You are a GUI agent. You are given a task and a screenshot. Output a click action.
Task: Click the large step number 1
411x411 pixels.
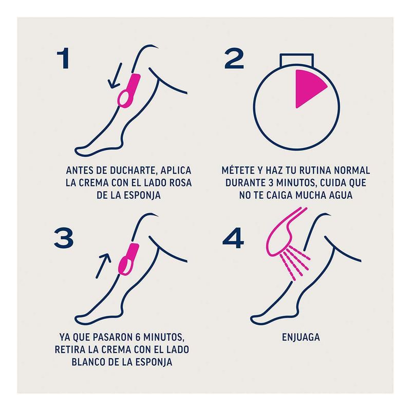tap(63, 58)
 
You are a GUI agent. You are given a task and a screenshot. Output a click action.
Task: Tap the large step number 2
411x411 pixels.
tap(234, 58)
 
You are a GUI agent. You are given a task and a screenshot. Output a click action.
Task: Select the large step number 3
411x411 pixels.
tap(64, 238)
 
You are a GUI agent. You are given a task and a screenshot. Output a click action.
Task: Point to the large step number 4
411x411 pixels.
tap(233, 238)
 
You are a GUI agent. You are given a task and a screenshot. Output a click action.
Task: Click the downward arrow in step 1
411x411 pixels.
tap(115, 76)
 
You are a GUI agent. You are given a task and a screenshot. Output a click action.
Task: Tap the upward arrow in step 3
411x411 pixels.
tap(103, 266)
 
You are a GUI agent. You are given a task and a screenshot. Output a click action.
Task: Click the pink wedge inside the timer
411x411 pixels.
tap(309, 88)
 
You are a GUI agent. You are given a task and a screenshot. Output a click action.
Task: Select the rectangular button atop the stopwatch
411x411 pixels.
tap(296, 60)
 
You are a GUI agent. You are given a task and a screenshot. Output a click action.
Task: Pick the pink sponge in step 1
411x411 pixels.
tap(129, 91)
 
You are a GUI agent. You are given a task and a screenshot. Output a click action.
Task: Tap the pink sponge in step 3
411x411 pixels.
tap(128, 259)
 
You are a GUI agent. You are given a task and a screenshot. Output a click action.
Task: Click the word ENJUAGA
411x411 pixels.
tap(301, 337)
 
